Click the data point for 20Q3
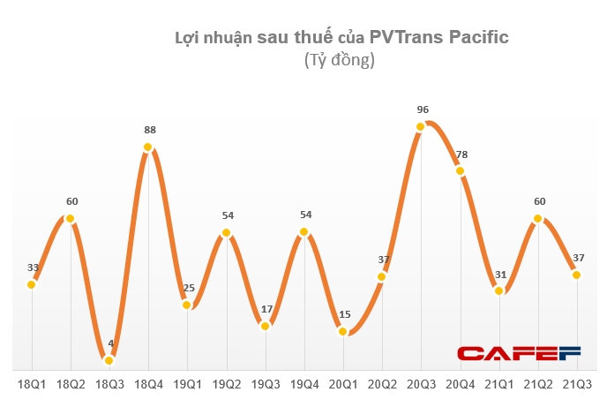[x=421, y=127]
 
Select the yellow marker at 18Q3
[x=109, y=360]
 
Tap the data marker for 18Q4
[x=148, y=147]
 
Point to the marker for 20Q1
[x=343, y=331]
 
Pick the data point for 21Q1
[x=499, y=290]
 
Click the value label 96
[x=423, y=109]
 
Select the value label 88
[x=149, y=130]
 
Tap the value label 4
[x=110, y=343]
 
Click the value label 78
[x=461, y=155]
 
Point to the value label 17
[x=266, y=309]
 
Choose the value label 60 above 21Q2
[x=539, y=201]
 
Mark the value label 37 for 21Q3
[x=578, y=258]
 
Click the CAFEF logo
[x=518, y=354]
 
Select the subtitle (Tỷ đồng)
[x=340, y=60]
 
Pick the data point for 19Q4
[x=304, y=233]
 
